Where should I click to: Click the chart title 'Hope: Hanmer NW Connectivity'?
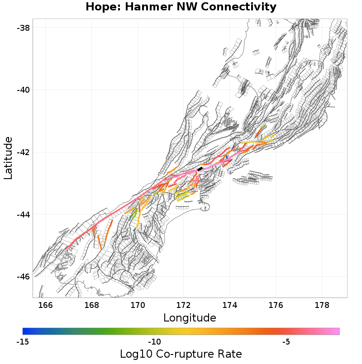(x=181, y=7)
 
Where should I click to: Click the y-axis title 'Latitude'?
(x=8, y=158)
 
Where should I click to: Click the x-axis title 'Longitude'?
(x=190, y=317)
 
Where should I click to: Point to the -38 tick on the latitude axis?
(x=24, y=28)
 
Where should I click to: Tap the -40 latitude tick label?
(x=24, y=90)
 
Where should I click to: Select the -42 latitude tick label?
(x=24, y=152)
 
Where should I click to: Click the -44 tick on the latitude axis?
(x=24, y=214)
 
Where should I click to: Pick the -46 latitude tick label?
(x=24, y=276)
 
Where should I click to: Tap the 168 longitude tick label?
(x=92, y=305)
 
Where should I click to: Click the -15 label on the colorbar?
(x=23, y=341)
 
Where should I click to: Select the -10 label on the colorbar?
(x=155, y=341)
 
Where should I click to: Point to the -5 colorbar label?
(x=286, y=341)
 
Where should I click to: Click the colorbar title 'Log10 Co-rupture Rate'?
(x=181, y=354)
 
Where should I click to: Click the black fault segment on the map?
(x=200, y=169)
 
